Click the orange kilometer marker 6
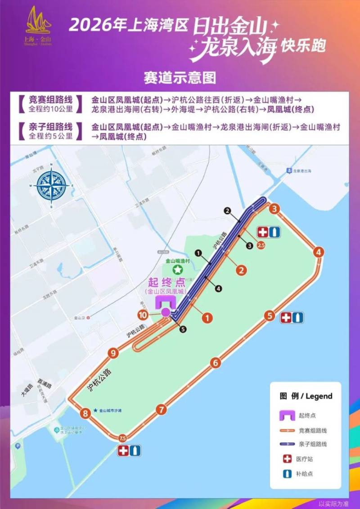pos(216,363)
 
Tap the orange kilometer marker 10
pos(143,315)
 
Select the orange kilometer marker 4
pos(319,252)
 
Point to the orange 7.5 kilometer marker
pos(122,438)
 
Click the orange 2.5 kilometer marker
pos(260,245)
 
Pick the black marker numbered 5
pos(183,329)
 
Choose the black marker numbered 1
pos(198,253)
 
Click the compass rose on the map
pos(53,185)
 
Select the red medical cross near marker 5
pos(286,318)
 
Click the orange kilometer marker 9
pos(113,353)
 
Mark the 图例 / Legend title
pos(306,396)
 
